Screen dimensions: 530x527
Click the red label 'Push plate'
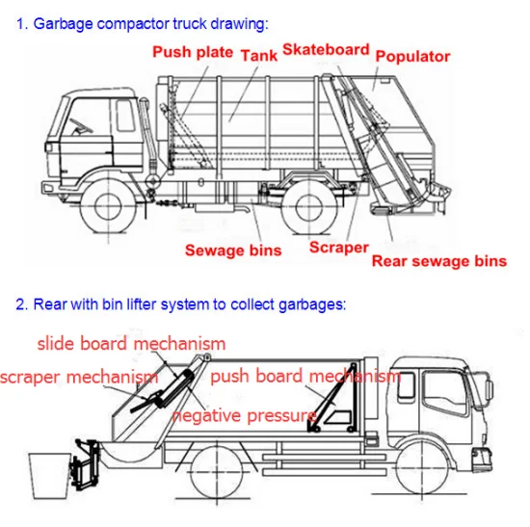tap(193, 52)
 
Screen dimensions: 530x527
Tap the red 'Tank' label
tap(259, 56)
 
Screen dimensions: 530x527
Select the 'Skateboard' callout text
tap(326, 49)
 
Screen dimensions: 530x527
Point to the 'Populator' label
tap(412, 57)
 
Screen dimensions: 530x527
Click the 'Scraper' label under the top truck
tap(338, 248)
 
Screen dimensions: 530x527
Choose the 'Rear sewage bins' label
tap(439, 261)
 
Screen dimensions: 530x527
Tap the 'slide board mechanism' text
tap(131, 343)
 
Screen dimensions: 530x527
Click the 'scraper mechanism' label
tap(79, 377)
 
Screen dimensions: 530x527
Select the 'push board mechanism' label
tap(305, 376)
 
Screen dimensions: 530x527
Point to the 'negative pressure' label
tap(245, 415)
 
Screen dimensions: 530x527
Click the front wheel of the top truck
tap(108, 206)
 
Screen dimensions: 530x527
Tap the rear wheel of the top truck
tap(309, 206)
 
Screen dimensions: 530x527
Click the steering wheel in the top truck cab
tap(81, 126)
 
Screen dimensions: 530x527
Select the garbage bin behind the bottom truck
tap(50, 476)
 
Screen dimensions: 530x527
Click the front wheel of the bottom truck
tap(422, 470)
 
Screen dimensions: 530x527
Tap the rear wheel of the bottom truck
tap(217, 472)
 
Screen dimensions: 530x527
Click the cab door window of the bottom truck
tap(445, 392)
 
